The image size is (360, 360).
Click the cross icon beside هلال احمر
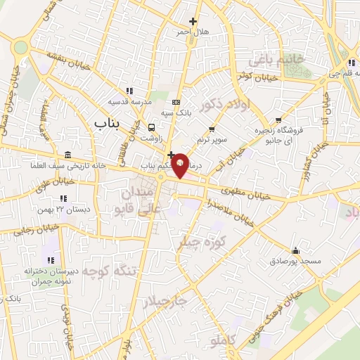coord(193,22)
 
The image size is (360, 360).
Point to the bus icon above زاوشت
coord(151,127)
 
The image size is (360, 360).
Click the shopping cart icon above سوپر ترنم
coord(212,129)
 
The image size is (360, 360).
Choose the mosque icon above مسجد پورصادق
coord(295,250)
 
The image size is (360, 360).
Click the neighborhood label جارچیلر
coord(165,301)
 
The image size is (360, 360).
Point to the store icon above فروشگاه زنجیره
coord(280,120)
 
